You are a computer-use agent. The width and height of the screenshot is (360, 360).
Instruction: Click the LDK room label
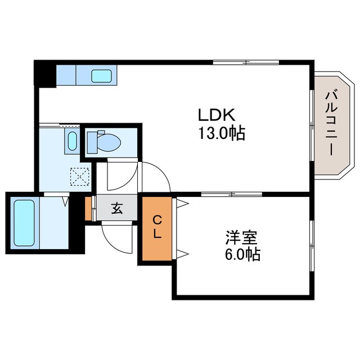point(217,115)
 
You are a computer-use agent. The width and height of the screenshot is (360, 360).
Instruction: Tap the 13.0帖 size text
point(222,133)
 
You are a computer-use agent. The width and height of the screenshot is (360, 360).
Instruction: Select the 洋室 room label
point(241,238)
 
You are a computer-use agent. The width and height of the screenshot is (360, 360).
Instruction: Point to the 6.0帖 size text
point(242,254)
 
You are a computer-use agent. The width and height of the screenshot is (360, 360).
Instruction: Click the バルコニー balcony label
point(331,124)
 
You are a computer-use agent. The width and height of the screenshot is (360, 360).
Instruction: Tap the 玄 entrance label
point(117,209)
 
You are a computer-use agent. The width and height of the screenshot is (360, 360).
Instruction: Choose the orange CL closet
point(157,229)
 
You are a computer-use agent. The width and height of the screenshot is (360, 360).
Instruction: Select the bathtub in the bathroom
point(24,223)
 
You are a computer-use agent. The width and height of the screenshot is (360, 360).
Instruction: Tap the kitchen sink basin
point(101,76)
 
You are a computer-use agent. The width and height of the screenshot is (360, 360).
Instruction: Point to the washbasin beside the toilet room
point(72,141)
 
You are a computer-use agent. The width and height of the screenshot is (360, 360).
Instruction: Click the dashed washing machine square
point(80,177)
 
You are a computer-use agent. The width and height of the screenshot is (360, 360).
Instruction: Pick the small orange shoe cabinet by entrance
point(88,209)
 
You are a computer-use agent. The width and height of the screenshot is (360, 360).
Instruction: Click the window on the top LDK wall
point(246,62)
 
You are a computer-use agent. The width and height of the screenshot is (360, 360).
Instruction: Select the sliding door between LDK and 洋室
point(232,194)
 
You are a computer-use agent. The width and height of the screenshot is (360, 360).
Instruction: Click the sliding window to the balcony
point(312,125)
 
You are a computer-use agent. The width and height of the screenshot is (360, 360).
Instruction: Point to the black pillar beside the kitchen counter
point(45,74)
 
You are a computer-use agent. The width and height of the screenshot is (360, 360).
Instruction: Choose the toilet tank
point(92,142)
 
